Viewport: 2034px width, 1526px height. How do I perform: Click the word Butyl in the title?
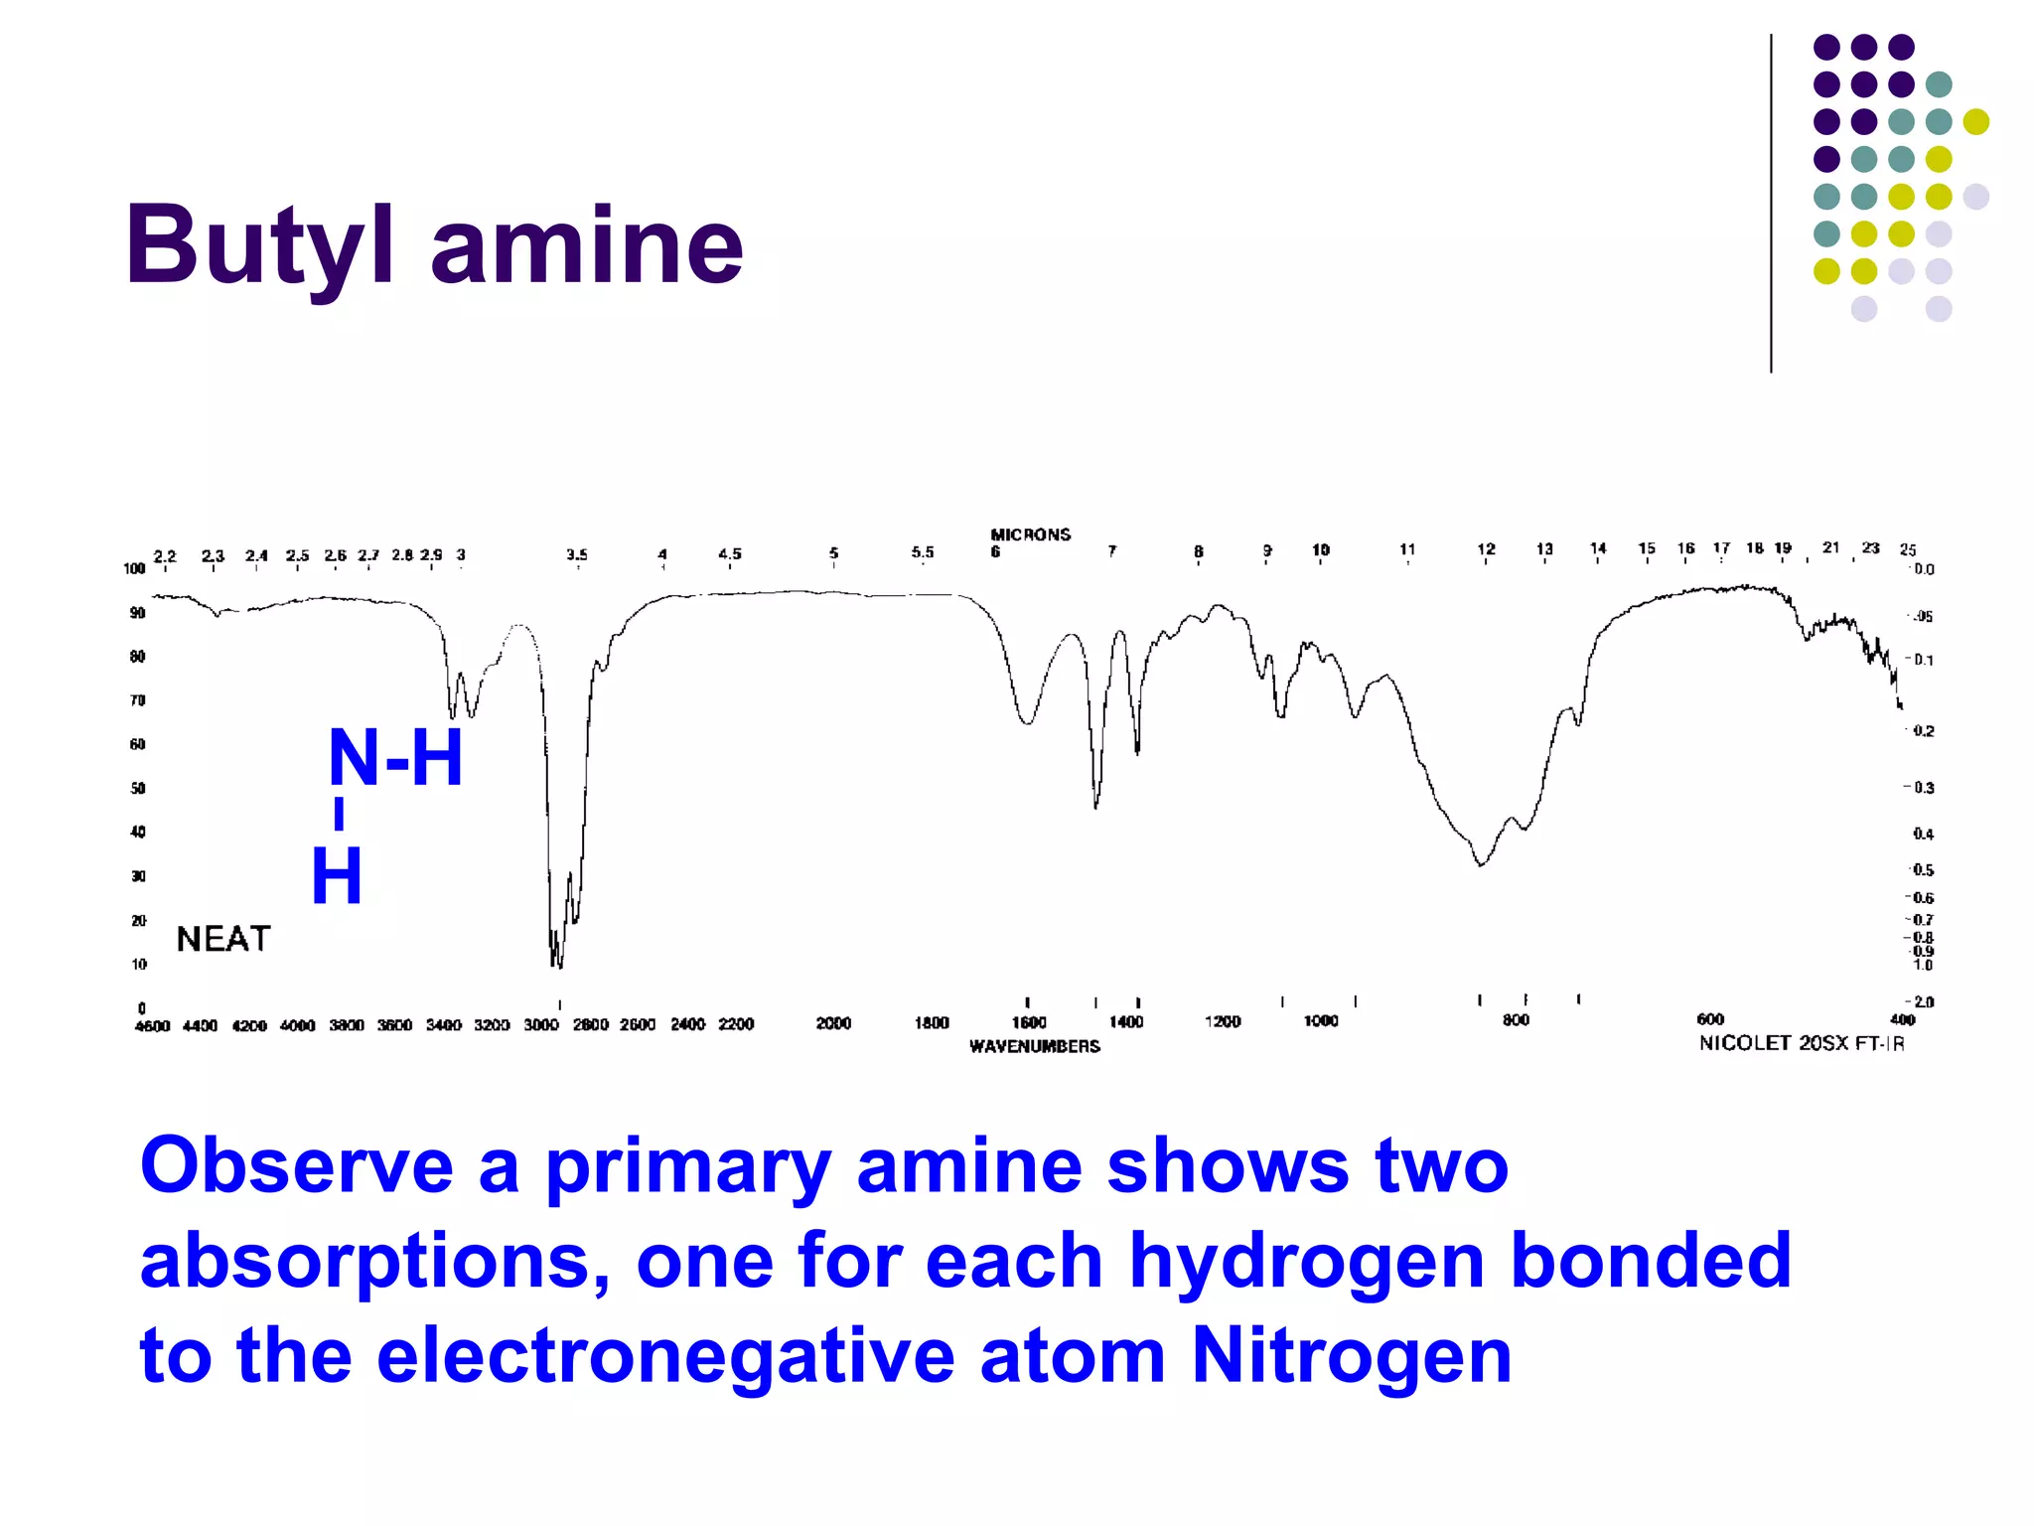(260, 245)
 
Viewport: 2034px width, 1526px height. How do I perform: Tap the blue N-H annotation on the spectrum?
(395, 758)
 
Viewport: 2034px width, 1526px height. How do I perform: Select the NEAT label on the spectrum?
(223, 939)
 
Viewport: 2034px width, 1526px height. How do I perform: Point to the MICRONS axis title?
(1031, 534)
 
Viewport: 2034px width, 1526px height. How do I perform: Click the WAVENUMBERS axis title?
(1035, 1046)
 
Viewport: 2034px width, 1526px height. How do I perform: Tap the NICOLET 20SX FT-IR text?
(1802, 1043)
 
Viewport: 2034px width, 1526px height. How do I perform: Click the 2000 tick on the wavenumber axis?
(833, 1023)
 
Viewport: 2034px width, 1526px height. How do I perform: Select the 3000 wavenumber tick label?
(541, 1024)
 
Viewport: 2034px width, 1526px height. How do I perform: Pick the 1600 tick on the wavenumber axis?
(1029, 1022)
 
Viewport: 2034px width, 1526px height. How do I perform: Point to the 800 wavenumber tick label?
(1516, 1020)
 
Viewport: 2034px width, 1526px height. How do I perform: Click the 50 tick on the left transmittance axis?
(138, 788)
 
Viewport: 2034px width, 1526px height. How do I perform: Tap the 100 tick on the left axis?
(134, 568)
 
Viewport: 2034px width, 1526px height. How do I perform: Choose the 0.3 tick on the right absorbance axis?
(1923, 788)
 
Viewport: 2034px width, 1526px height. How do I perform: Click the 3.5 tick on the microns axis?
(577, 554)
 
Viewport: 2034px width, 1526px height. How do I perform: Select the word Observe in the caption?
(296, 1164)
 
